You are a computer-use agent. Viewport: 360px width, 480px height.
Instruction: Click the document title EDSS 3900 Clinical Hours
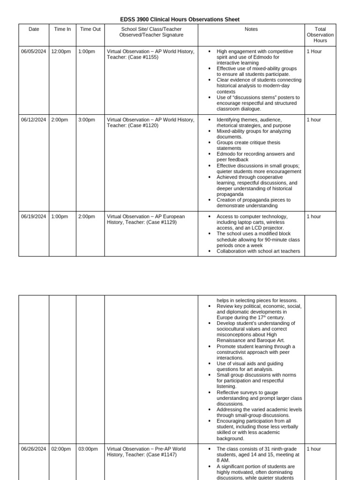point(180,20)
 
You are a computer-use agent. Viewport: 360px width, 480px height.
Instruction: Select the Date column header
point(34,29)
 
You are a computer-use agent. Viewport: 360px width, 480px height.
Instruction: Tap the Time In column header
point(62,29)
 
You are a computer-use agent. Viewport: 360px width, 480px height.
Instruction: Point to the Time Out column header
point(90,29)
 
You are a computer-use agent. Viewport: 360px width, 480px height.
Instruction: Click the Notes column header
point(251,29)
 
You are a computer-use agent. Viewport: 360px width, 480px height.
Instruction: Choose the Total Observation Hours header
point(320,35)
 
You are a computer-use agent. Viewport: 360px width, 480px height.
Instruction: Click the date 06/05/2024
point(34,52)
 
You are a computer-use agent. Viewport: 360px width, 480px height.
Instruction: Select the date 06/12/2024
point(34,120)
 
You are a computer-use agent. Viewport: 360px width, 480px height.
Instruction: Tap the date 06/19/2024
point(34,217)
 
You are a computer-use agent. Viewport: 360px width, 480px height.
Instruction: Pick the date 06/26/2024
point(34,449)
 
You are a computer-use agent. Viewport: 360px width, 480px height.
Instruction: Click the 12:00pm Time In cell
point(61,52)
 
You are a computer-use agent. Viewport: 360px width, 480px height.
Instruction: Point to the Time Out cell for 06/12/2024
point(87,120)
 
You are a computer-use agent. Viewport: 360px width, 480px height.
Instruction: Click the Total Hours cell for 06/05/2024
point(314,52)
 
